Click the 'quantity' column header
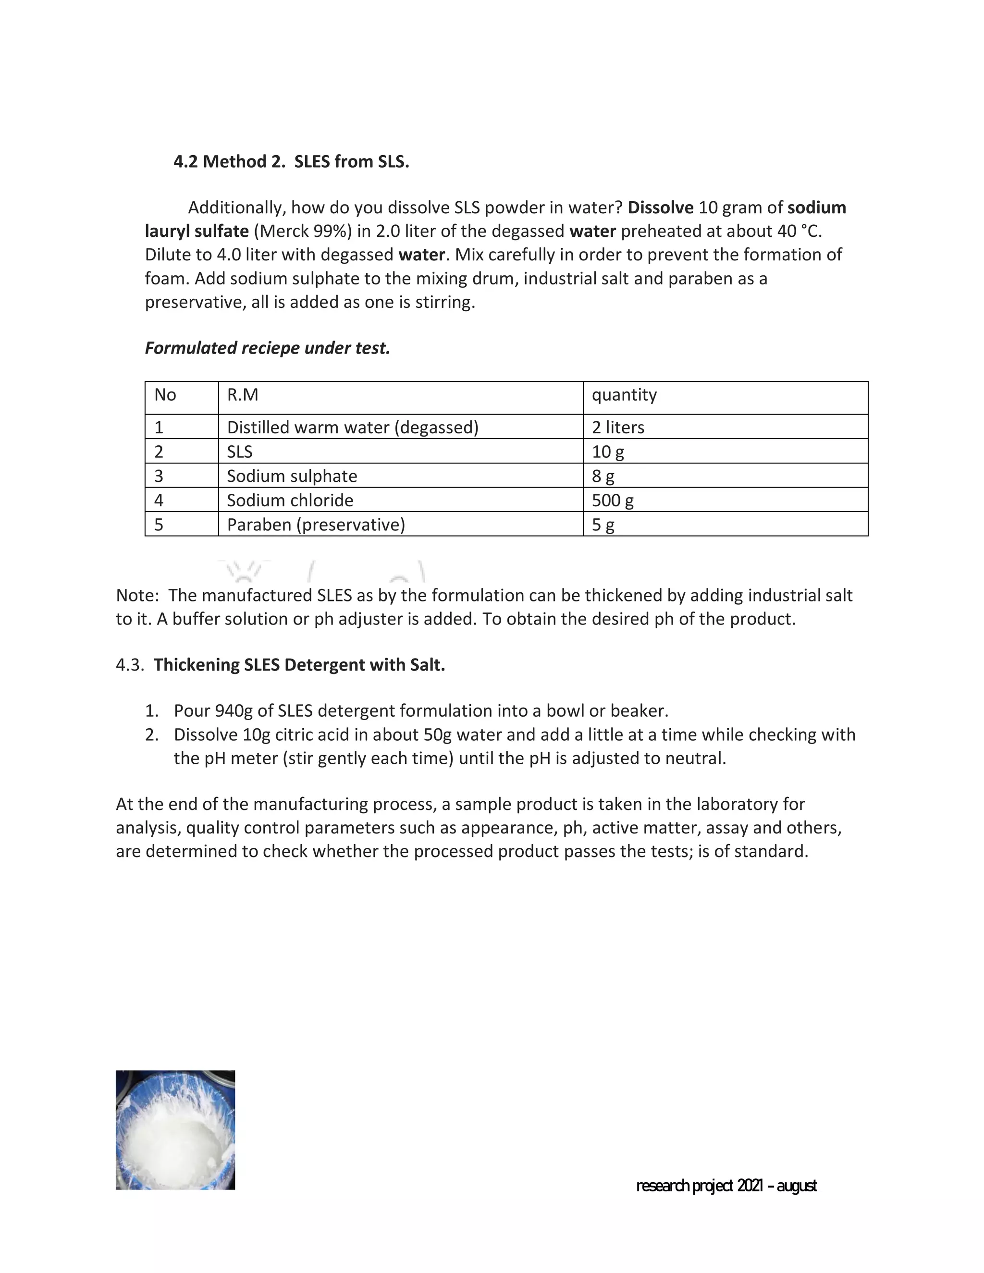[x=624, y=395]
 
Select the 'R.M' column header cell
[x=243, y=395]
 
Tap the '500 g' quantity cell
[x=613, y=500]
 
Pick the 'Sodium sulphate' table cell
[x=292, y=476]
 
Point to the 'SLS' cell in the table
[x=240, y=452]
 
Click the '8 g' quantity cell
[x=603, y=476]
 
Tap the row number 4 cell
[x=159, y=500]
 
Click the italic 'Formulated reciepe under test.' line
[x=267, y=348]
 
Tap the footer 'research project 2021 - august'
[x=726, y=1186]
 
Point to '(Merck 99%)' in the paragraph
[x=303, y=232]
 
